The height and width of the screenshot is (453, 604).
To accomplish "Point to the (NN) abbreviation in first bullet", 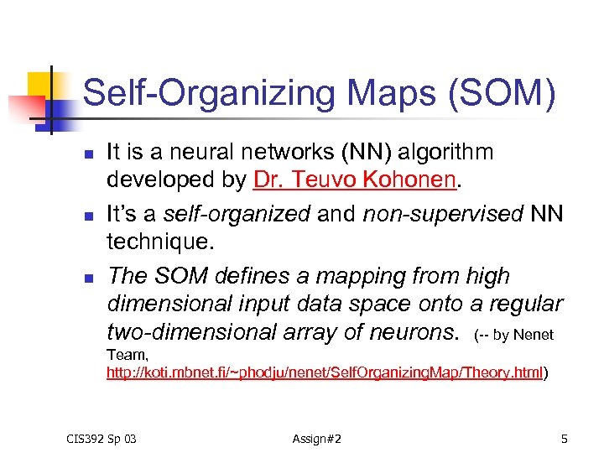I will [365, 152].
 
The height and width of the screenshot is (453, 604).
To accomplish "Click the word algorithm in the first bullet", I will [445, 152].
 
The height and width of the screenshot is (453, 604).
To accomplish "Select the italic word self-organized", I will [237, 214].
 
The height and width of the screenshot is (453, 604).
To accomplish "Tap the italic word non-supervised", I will [440, 214].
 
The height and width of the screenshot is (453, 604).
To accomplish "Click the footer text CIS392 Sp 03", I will [102, 438].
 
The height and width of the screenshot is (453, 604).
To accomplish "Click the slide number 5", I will [565, 438].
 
